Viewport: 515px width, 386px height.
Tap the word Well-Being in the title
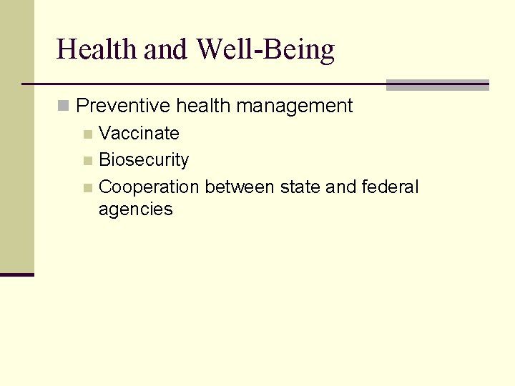pos(265,49)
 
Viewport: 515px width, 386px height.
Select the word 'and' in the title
pos(168,49)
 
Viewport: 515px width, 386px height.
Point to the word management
pos(295,106)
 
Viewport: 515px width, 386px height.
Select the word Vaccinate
pos(139,133)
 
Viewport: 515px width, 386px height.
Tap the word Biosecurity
pos(144,160)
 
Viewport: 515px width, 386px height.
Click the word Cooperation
pos(149,187)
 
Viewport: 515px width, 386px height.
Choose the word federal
pos(390,187)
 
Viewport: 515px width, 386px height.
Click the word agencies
pos(136,209)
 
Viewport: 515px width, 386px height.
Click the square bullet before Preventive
pos(64,107)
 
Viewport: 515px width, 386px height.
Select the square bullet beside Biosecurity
pos(87,161)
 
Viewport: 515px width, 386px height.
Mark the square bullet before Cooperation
pos(87,188)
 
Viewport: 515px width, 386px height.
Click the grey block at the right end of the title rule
pos(437,85)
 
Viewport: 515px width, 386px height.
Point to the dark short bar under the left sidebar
pos(17,274)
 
